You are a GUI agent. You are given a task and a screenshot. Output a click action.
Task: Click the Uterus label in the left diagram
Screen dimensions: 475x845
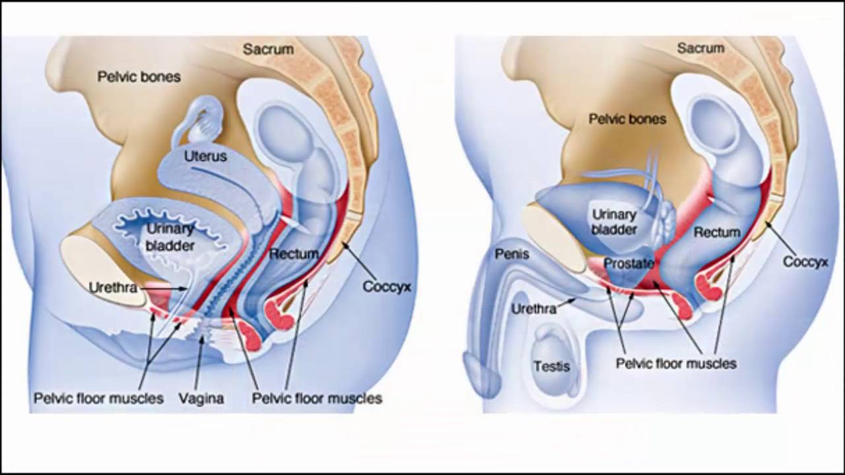pos(205,156)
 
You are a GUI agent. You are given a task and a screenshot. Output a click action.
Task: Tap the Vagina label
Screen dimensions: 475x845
pos(201,398)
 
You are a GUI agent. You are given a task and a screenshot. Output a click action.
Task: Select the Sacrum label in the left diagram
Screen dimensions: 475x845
pos(268,49)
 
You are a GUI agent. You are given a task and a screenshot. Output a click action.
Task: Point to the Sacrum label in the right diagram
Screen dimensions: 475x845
pos(700,48)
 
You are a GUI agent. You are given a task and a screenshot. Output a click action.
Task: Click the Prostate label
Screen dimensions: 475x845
pos(628,264)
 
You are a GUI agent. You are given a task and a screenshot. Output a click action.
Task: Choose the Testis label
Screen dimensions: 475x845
pos(552,366)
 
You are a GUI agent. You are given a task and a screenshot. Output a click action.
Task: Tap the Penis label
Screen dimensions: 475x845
pos(512,254)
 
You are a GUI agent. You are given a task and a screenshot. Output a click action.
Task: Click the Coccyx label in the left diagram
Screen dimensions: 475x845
pos(387,287)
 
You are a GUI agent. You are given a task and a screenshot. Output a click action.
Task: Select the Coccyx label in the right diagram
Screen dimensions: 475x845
pos(805,262)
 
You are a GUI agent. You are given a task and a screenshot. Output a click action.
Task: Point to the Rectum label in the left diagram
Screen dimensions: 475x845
pos(294,253)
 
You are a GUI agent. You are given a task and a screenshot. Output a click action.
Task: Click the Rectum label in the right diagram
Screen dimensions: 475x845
pos(717,232)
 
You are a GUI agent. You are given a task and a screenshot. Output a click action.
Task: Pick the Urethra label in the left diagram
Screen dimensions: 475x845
pos(113,288)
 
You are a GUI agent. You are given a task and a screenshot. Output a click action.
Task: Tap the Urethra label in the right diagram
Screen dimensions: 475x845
pos(533,308)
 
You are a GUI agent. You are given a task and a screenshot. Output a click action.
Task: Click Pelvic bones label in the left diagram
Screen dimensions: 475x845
pos(139,77)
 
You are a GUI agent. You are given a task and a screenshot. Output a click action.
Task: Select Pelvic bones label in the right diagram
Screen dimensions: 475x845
pos(627,119)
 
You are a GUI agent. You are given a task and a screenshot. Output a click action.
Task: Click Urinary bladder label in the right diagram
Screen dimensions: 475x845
pos(614,222)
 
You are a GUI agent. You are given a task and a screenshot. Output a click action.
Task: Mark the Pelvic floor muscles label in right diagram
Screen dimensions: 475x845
pos(676,364)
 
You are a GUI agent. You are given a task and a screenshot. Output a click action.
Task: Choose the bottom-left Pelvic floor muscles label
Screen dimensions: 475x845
pos(98,398)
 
